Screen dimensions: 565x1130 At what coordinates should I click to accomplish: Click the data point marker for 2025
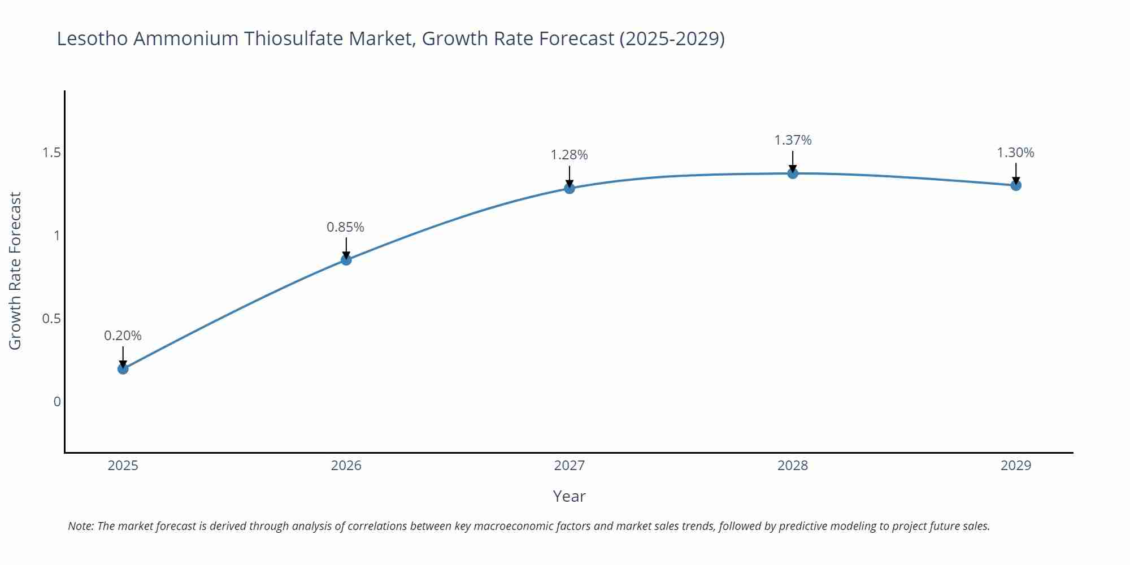pos(123,369)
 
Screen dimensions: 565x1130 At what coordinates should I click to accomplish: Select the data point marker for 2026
pos(346,260)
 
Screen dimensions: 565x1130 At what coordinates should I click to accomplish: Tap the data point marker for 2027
pos(570,188)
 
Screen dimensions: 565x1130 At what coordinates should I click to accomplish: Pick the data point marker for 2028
pos(793,173)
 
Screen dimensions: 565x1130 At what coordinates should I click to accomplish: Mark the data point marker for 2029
pos(1016,185)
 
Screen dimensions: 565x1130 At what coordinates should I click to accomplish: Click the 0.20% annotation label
pos(123,336)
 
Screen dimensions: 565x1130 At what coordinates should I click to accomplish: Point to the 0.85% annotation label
pos(345,227)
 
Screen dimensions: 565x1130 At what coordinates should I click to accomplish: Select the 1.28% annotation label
pos(569,155)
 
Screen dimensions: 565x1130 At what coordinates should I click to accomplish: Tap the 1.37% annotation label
pos(793,140)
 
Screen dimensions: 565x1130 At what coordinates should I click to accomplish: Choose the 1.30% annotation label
pos(1015,153)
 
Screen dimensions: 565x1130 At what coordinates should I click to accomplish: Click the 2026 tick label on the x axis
pos(346,466)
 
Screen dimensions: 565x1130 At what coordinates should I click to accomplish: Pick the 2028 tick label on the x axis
pos(793,466)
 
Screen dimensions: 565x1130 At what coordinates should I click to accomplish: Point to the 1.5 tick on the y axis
pos(51,153)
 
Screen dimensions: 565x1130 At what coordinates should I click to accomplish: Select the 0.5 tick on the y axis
pos(51,319)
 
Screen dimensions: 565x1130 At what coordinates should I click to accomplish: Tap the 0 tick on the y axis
pos(56,402)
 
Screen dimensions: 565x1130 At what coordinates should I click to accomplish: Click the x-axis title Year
pos(569,496)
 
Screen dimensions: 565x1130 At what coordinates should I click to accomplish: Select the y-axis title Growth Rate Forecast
pos(15,271)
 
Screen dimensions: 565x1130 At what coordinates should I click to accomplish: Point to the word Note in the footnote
pos(80,526)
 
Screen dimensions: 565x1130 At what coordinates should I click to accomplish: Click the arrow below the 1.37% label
pos(793,160)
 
